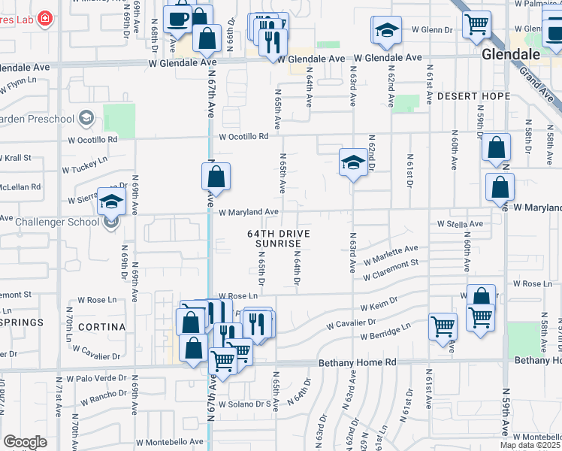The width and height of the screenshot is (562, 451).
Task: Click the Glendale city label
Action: click(x=511, y=55)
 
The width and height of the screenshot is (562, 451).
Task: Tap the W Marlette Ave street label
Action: click(x=391, y=255)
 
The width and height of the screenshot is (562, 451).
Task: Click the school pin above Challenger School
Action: click(x=111, y=201)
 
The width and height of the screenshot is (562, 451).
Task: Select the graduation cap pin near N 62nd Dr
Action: click(x=352, y=163)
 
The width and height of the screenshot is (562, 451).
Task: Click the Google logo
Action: click(x=25, y=442)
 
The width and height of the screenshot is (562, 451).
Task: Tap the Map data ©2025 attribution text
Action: click(x=530, y=445)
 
